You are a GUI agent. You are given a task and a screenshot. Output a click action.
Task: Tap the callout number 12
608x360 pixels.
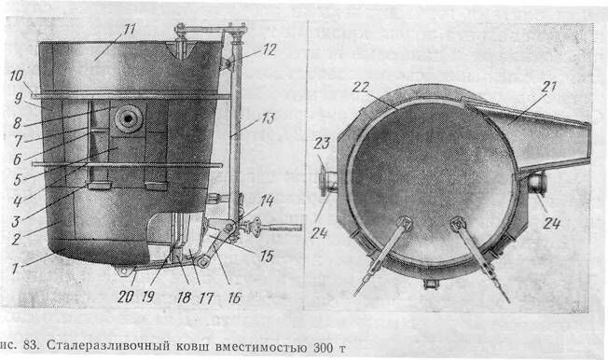click(x=269, y=50)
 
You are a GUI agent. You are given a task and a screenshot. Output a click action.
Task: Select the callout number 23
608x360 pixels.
click(x=323, y=144)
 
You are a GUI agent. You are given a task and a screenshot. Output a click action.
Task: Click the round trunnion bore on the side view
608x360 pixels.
click(x=127, y=118)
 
